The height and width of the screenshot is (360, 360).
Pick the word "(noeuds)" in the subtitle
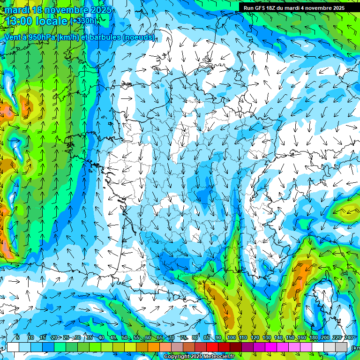click(x=138, y=37)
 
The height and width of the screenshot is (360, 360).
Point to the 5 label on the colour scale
click(x=17, y=338)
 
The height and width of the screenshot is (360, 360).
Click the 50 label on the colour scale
click(x=125, y=338)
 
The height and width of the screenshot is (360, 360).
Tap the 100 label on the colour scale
click(x=231, y=338)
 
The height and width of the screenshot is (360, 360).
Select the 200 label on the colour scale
click(x=325, y=338)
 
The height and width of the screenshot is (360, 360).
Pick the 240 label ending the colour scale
click(x=349, y=338)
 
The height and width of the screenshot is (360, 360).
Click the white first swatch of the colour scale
click(x=13, y=347)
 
